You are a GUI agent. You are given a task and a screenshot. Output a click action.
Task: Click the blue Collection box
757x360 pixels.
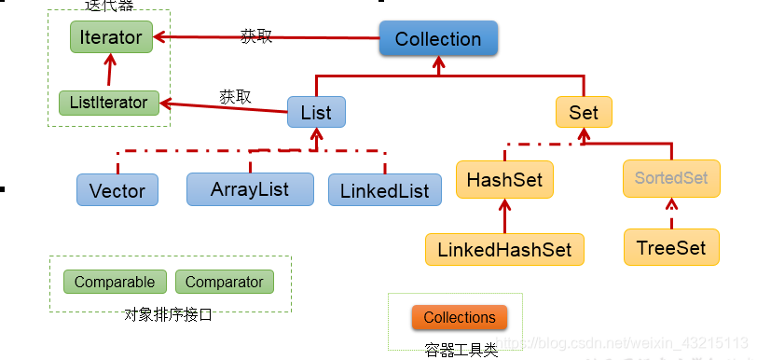[x=438, y=39]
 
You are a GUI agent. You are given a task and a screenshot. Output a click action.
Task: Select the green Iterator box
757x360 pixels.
[x=111, y=38]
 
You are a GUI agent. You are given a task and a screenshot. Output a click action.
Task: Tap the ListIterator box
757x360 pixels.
[x=109, y=102]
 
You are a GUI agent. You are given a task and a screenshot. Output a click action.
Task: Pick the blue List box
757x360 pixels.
[x=316, y=113]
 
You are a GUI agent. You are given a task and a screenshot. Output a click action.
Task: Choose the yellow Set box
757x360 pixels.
[x=584, y=113]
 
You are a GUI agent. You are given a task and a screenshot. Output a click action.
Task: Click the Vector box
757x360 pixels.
[x=117, y=190]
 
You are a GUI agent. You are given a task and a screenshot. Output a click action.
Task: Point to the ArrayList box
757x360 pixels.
[x=250, y=189]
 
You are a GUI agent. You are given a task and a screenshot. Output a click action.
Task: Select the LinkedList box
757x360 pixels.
[x=384, y=190]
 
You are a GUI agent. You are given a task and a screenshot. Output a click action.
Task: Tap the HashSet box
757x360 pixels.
[x=504, y=178]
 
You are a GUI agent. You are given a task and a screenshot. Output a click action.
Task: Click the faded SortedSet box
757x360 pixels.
[x=671, y=177]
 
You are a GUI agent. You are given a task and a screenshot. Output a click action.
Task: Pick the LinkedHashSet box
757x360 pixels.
[x=504, y=249]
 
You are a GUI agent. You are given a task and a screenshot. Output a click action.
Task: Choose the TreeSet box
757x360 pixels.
[x=671, y=248]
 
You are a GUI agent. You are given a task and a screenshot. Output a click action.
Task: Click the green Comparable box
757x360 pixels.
[x=115, y=282]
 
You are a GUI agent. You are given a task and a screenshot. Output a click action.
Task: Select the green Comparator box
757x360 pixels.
[x=225, y=282]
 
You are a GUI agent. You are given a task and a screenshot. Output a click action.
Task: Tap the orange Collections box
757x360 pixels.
[x=460, y=317]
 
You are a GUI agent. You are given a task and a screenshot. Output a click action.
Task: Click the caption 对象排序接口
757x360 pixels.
[x=168, y=314]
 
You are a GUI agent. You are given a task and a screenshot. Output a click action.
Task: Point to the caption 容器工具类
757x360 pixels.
[x=461, y=350]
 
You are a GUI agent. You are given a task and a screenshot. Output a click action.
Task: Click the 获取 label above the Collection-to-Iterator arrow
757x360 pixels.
[x=256, y=36]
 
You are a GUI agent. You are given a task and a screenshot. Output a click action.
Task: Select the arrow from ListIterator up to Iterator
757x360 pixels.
[x=112, y=71]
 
